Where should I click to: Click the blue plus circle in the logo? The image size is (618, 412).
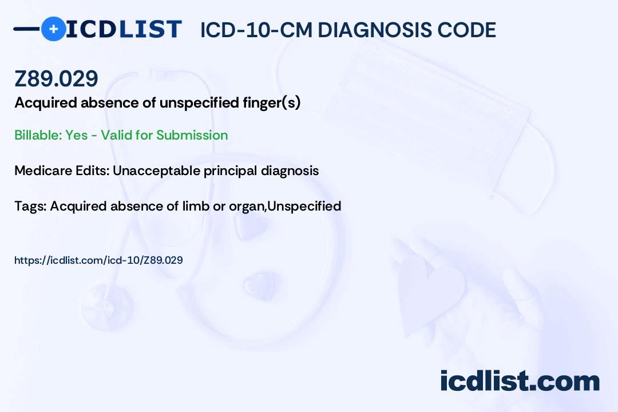pos(53,29)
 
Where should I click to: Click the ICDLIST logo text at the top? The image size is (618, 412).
pos(124,29)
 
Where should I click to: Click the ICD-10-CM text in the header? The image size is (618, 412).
pos(256,30)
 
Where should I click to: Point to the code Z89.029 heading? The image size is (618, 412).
pos(56,79)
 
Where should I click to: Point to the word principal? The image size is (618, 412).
pos(229,171)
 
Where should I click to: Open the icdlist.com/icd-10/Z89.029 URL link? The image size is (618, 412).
pos(98,260)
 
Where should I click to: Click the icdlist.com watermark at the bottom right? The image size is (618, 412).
pos(520,381)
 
